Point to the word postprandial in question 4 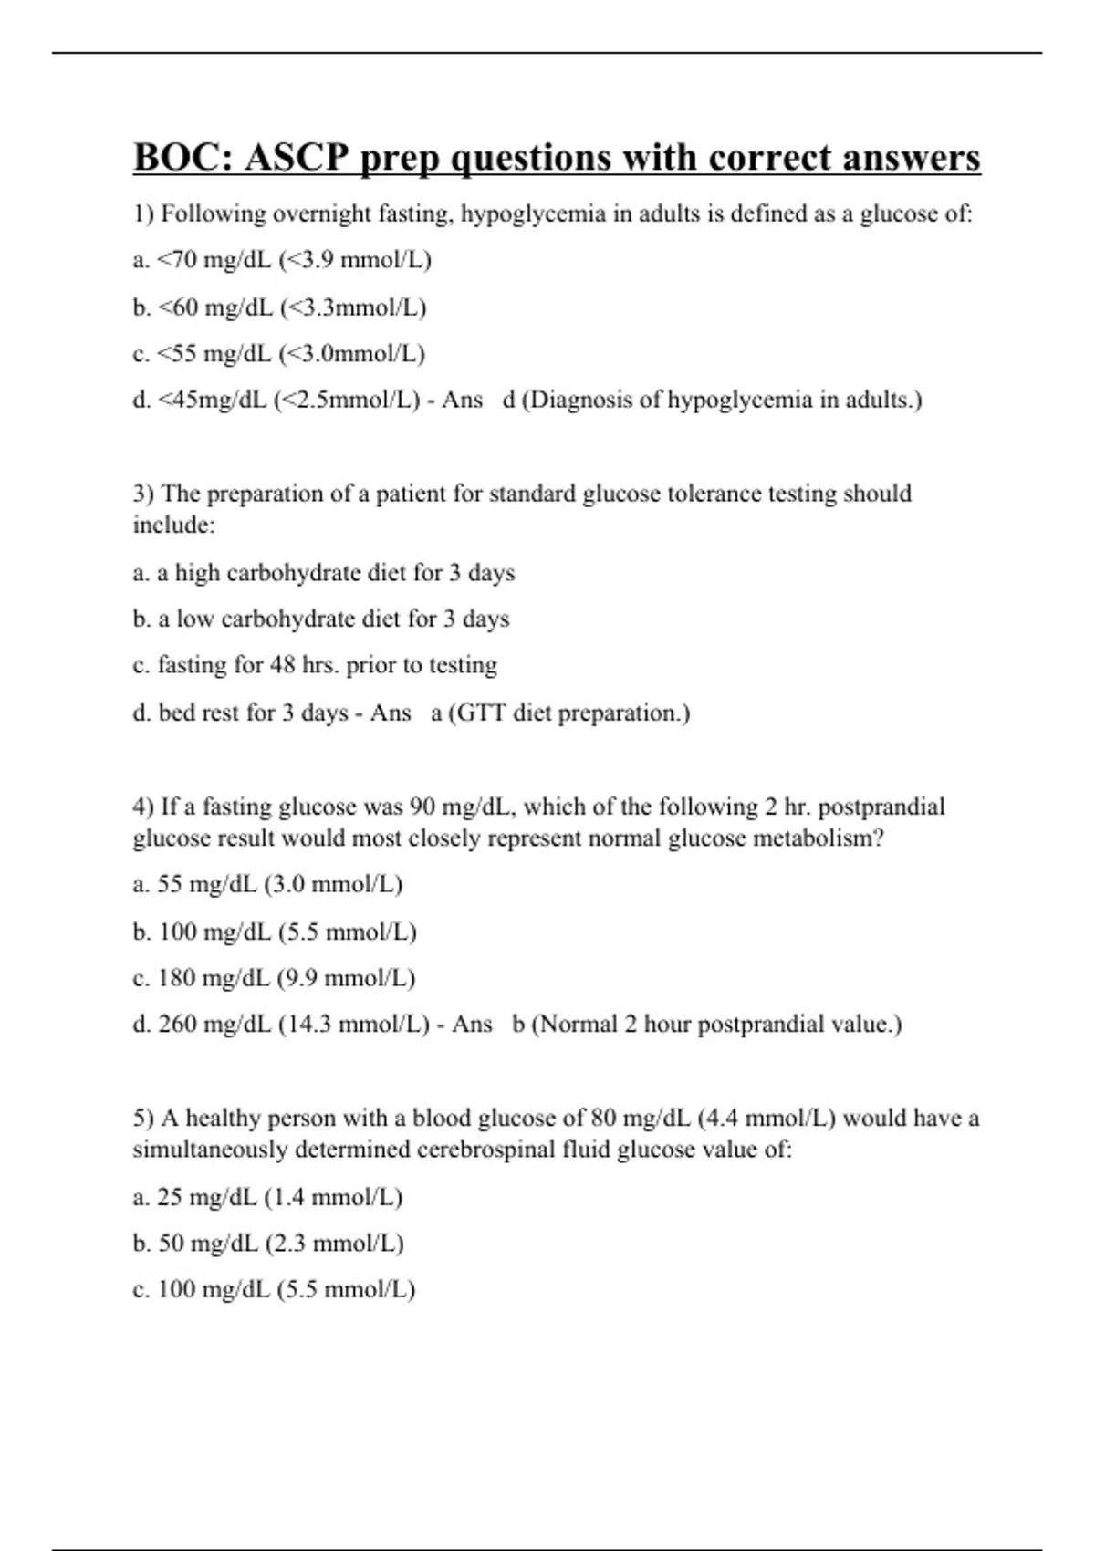pyautogui.click(x=881, y=807)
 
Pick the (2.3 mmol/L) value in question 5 pyautogui.click(x=334, y=1243)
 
